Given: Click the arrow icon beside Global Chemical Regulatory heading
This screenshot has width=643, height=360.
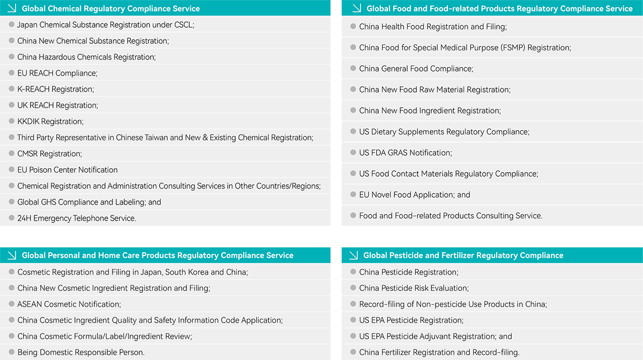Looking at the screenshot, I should click(12, 8).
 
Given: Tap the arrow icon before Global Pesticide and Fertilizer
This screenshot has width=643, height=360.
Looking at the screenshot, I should click(354, 255).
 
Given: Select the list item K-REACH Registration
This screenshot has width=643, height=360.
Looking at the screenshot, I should click(55, 89).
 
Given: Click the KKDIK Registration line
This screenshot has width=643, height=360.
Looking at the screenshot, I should click(50, 121).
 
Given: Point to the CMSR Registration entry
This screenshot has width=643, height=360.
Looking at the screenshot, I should click(49, 154).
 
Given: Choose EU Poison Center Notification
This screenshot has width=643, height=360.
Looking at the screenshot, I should click(68, 170).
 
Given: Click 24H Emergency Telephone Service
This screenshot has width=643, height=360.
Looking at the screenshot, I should click(77, 218).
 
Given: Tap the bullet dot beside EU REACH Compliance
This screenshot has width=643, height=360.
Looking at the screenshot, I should click(12, 73).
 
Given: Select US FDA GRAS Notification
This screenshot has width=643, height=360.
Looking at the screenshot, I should click(406, 153).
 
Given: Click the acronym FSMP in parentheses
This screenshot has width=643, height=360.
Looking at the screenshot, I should click(513, 48).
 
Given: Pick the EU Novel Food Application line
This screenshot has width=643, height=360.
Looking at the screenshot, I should click(415, 194).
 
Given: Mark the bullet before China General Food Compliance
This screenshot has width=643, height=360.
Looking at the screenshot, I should click(353, 69).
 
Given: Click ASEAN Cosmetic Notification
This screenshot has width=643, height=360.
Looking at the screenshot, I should click(69, 304).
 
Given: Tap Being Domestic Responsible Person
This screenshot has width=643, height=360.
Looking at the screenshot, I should click(81, 352).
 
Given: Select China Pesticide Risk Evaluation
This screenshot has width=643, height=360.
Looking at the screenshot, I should click(414, 288).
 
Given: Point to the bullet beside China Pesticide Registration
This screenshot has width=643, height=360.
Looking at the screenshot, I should click(353, 272).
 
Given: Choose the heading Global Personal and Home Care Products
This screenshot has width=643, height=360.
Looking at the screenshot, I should click(158, 255).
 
